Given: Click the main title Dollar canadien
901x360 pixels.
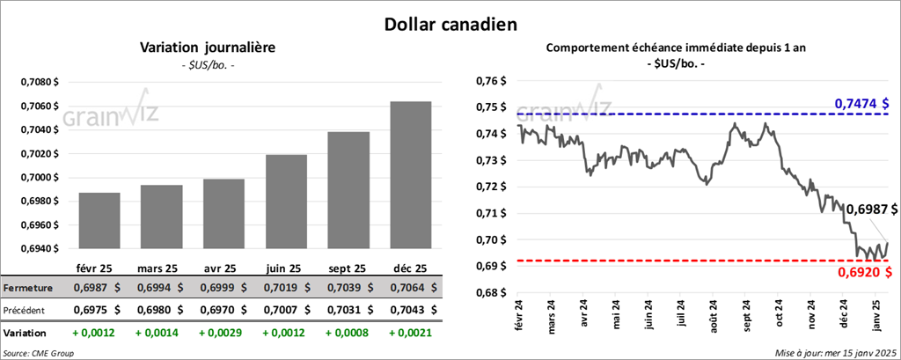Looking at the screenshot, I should click(450, 24).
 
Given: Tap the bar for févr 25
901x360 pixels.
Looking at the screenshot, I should click(99, 220).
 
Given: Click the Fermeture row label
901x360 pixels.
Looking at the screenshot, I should click(29, 288).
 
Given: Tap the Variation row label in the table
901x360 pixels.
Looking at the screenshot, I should click(26, 334).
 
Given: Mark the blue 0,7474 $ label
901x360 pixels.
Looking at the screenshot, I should click(867, 105).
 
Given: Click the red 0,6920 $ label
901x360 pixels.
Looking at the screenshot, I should click(867, 273).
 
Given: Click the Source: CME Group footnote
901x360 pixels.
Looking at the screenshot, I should click(40, 352).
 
